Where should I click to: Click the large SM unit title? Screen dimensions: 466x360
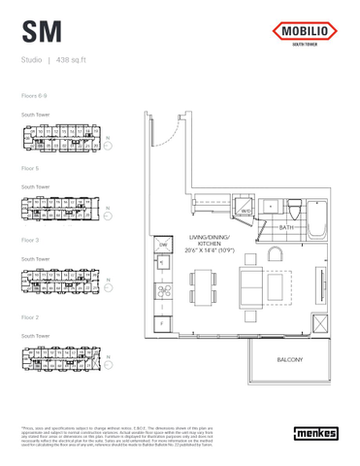tap(42, 32)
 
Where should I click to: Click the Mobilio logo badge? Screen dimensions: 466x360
tap(305, 33)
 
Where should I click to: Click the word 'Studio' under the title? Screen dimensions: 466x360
tap(31, 61)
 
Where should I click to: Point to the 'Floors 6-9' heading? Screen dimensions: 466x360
tap(35, 95)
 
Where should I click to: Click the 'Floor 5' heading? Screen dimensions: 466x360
tap(30, 167)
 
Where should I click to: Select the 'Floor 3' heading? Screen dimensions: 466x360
tap(30, 239)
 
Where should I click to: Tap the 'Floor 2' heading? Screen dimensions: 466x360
tap(30, 316)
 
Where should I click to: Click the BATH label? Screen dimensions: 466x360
tap(285, 228)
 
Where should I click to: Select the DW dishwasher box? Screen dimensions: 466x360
tap(164, 245)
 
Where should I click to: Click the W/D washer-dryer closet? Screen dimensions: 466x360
tap(246, 210)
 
